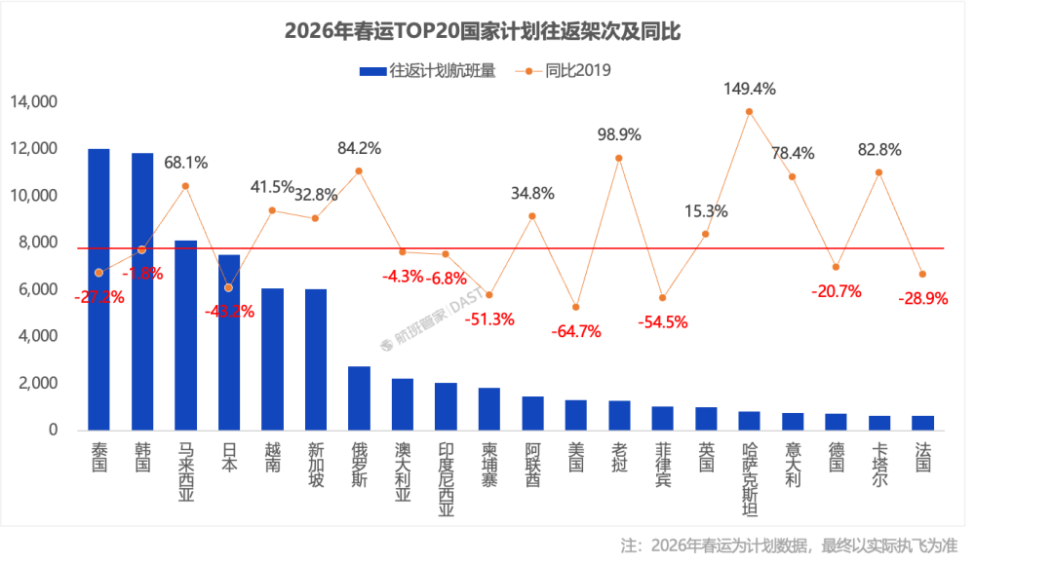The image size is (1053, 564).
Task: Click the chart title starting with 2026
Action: coord(482,32)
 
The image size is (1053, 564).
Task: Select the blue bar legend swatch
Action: coord(372,71)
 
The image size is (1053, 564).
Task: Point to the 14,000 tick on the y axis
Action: coord(34,102)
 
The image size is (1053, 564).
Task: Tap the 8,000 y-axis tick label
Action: coord(38,243)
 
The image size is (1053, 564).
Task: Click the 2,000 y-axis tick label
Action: coord(38,383)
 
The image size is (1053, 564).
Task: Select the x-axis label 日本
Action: coord(229,458)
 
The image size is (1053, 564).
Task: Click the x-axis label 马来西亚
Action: coord(185,472)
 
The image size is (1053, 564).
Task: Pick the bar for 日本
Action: coord(229,341)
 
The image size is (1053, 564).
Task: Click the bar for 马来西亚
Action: coord(185,334)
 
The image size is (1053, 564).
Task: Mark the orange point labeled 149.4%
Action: coord(749,112)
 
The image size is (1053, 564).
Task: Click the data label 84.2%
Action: coord(359,149)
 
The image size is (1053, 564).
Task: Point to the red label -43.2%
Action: coord(230,312)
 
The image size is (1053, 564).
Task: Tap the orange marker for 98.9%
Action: coord(618,158)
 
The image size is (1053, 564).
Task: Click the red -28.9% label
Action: coord(922,299)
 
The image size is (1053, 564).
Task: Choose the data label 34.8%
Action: coord(532,193)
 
